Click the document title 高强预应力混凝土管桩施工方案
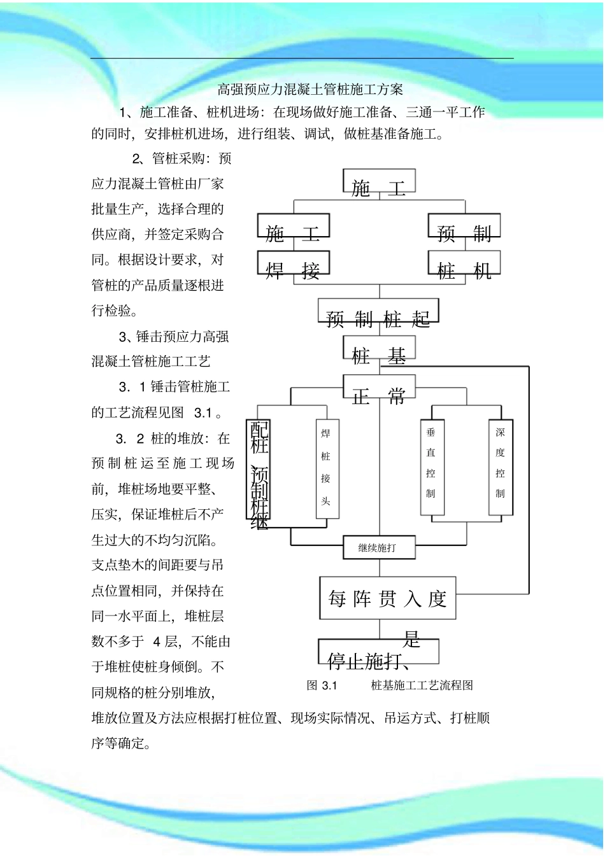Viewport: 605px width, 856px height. [x=310, y=90]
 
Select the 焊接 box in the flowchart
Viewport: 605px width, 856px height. [x=293, y=264]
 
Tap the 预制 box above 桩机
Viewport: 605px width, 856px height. [x=464, y=227]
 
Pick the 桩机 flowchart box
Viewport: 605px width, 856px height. [x=464, y=264]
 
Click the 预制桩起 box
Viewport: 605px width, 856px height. [x=379, y=312]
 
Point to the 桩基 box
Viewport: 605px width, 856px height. [x=379, y=349]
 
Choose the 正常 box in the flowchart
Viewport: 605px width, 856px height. [x=379, y=388]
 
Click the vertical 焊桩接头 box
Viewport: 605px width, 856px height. [x=327, y=469]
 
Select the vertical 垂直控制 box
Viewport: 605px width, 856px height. [x=432, y=467]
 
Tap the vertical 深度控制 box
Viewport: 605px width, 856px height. [x=501, y=467]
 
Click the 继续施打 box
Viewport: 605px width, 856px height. [x=379, y=548]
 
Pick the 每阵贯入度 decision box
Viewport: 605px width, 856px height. [x=387, y=598]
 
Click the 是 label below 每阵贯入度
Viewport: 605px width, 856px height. [x=412, y=638]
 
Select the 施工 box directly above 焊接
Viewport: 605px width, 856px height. [x=293, y=227]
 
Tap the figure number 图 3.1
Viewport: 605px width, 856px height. [x=322, y=685]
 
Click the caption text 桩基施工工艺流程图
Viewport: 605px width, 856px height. [x=422, y=685]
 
